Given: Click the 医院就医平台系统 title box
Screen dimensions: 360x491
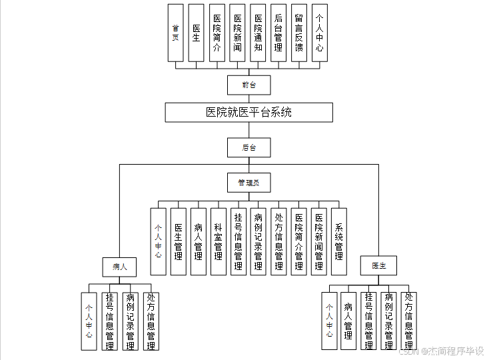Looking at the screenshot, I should [248, 112].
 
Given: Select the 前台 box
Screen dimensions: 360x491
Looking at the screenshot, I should [248, 85].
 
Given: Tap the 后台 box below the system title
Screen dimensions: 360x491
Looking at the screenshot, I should [248, 147].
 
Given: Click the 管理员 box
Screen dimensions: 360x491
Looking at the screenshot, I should [248, 182].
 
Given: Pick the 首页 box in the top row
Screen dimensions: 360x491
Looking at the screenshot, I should [176, 33].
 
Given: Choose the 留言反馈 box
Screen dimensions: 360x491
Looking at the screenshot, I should [299, 33].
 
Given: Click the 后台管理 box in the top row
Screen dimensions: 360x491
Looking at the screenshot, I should [278, 33].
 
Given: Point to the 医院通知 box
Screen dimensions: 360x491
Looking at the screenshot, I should [258, 33].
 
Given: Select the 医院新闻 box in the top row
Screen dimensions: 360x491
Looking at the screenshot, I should [238, 33].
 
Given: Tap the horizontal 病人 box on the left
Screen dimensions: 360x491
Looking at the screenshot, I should [120, 267].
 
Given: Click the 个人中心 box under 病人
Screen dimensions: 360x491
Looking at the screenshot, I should [89, 321].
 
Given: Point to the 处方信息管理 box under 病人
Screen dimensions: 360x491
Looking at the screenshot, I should [151, 321].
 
